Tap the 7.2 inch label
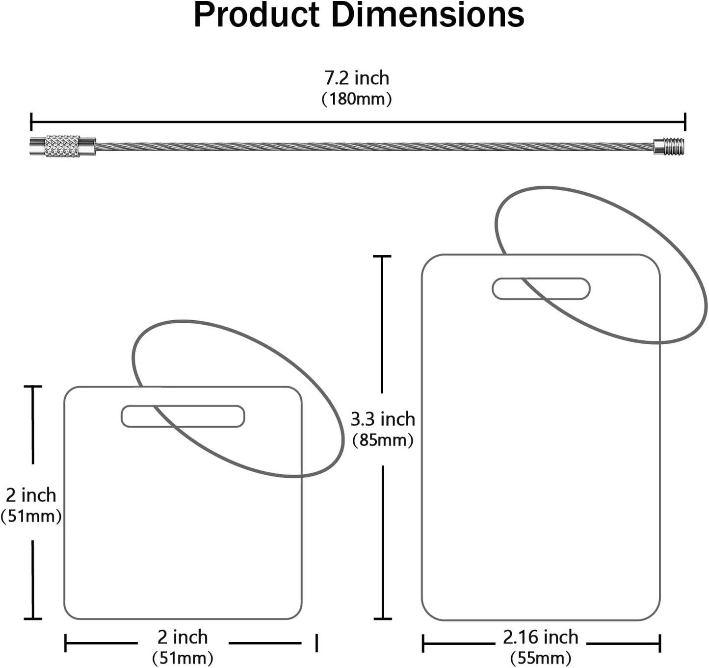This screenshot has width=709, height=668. [x=356, y=78]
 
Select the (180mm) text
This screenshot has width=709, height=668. [x=357, y=99]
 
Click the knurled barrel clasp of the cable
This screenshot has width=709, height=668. [x=63, y=146]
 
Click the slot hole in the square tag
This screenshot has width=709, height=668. [x=183, y=416]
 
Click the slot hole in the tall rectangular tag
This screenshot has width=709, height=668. [x=541, y=288]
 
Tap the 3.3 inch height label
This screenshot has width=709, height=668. [x=383, y=419]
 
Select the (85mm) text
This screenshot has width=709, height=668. [x=383, y=440]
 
